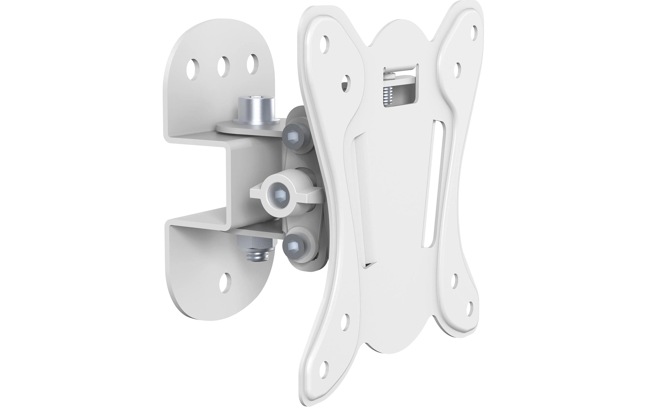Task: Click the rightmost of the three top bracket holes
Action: [x=253, y=64]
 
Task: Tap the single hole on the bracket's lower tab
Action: [x=225, y=283]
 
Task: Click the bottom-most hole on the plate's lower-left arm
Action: [x=325, y=373]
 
